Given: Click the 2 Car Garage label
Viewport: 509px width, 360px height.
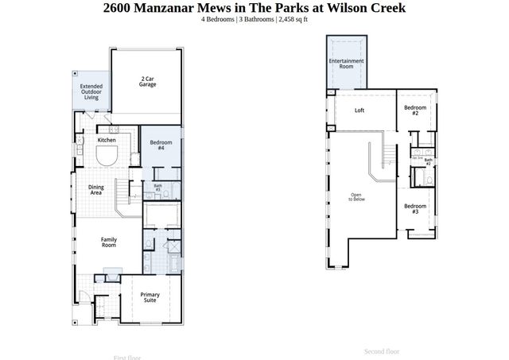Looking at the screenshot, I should click(147, 82).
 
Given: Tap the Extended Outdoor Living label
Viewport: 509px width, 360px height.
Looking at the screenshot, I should click(91, 91).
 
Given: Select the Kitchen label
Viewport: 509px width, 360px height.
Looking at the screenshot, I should click(107, 140).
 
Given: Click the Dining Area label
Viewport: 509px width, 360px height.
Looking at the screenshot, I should click(96, 190).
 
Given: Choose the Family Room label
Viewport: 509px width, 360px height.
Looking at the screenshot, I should click(108, 242).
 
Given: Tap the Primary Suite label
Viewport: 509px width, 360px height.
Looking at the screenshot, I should click(150, 298).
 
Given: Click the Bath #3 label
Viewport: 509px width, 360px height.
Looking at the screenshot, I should click(157, 188).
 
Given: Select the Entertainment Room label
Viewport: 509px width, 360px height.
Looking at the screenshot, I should click(347, 64).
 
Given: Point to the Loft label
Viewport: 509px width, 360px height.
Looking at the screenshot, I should click(359, 110).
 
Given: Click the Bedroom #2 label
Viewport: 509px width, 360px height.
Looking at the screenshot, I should click(415, 110).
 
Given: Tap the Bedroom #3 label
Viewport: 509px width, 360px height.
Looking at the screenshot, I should click(415, 209).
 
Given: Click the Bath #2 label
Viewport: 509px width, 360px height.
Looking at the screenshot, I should click(428, 161).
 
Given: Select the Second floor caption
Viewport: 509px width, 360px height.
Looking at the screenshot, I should click(382, 350).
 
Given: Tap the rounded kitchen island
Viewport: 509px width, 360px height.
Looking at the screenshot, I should click(107, 156).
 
